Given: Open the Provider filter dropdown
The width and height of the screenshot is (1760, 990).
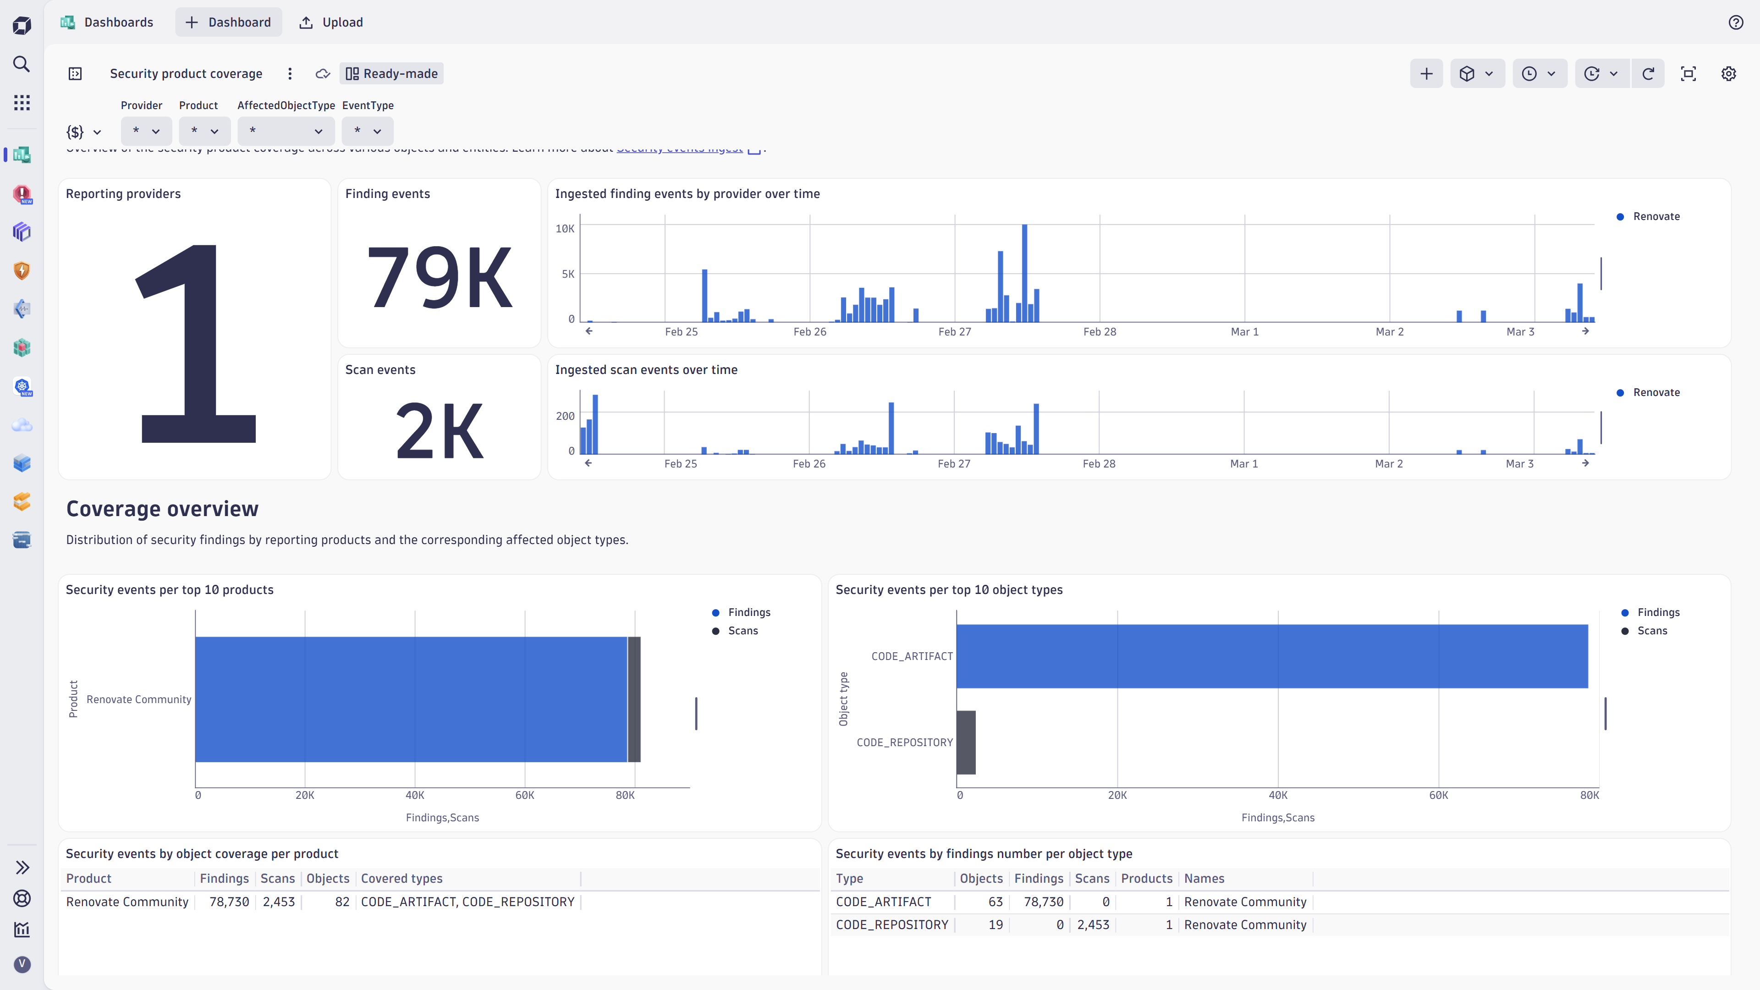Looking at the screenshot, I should [x=146, y=131].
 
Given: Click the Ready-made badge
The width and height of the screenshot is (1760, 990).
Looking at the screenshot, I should [x=391, y=74].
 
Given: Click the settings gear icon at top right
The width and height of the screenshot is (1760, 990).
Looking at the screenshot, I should [x=1728, y=74].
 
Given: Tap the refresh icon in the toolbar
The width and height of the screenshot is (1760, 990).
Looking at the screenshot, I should [x=1648, y=74].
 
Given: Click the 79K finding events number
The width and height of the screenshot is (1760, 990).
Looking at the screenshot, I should [x=440, y=277].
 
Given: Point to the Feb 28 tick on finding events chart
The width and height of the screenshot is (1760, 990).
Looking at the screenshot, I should [x=1100, y=332].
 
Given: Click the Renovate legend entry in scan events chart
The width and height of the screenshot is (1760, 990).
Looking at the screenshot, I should [x=1655, y=392].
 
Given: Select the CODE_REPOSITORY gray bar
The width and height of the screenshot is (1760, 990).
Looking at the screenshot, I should [x=965, y=742].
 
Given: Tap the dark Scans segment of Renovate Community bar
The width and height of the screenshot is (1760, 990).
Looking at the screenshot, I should [x=634, y=699].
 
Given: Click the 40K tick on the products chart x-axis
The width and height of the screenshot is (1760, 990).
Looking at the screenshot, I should [x=415, y=795].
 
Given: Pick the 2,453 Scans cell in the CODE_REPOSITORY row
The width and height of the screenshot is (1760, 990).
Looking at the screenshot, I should [x=1093, y=924].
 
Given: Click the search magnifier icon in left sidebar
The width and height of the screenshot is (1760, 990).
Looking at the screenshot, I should [x=22, y=64].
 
